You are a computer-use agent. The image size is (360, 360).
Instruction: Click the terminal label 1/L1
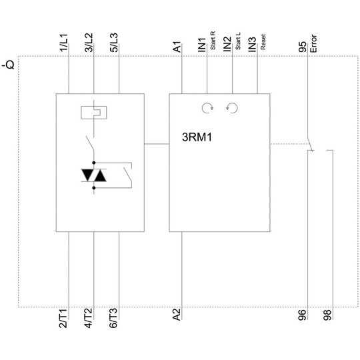click(63, 43)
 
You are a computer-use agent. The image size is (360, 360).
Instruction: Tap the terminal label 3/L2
click(89, 43)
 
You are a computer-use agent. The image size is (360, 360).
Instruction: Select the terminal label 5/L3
click(113, 43)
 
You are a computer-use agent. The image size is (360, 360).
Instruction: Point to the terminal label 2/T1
click(63, 319)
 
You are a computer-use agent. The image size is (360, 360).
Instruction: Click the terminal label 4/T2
click(89, 318)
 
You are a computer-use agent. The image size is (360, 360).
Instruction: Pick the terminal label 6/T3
click(113, 318)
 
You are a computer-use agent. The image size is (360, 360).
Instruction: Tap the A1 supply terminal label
click(177, 47)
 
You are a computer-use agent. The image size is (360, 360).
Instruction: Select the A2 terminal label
click(177, 315)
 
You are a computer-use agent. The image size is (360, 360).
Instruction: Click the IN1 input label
click(202, 45)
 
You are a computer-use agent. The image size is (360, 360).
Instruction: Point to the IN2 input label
click(227, 44)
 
